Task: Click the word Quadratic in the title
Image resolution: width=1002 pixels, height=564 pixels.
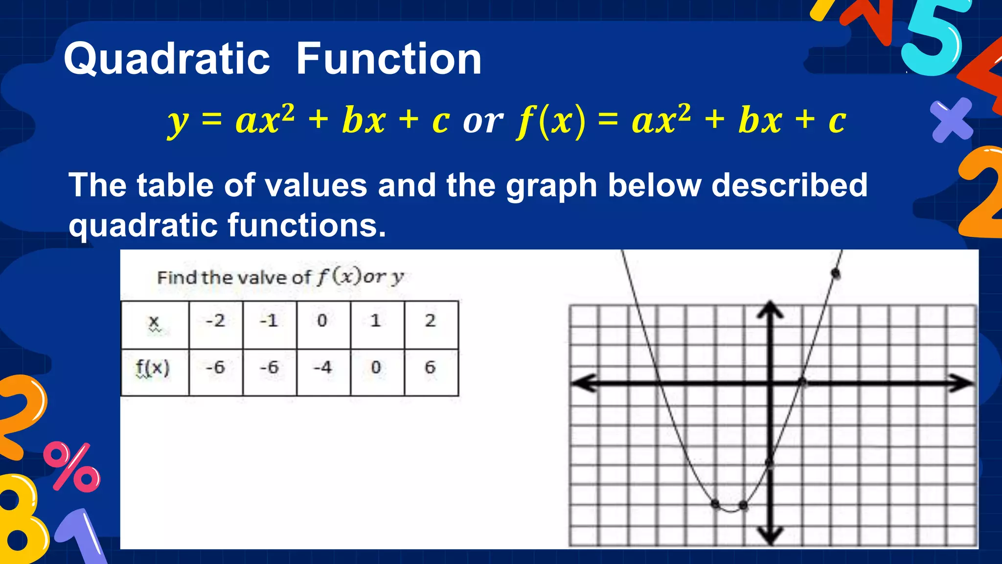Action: pos(167,59)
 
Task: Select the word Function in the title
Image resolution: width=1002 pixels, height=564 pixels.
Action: pos(389,59)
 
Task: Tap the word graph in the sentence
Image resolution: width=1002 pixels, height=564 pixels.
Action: pos(551,186)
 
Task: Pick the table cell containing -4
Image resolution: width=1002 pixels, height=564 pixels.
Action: pos(323,368)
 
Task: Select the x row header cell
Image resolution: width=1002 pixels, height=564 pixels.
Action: pos(155,323)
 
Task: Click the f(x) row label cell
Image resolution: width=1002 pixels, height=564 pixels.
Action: pos(154,369)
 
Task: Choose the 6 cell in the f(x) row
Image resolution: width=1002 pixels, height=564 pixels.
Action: pos(430,368)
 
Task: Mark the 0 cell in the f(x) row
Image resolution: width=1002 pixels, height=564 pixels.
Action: pos(376,368)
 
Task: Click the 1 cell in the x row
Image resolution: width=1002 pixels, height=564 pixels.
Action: pos(376,321)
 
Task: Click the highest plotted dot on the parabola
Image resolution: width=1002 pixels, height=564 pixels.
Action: pos(836,274)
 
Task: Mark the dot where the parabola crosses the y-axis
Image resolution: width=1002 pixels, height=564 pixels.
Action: pos(770,463)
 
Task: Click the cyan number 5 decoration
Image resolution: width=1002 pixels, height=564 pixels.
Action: pos(933,42)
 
